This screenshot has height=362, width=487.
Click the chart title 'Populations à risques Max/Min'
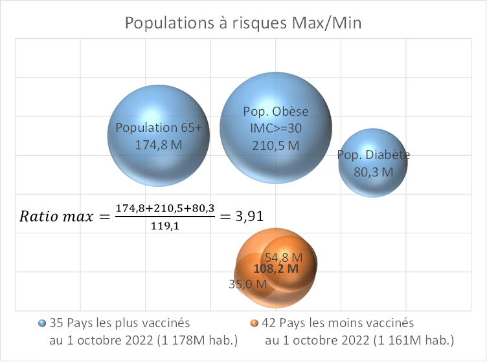click(243, 24)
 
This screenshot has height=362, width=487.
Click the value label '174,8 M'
click(159, 145)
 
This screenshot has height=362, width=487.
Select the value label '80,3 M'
click(373, 172)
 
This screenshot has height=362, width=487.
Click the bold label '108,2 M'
click(276, 269)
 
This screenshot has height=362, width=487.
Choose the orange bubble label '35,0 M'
click(247, 284)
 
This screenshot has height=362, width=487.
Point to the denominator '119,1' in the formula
click(164, 227)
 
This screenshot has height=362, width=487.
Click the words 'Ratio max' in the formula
click(58, 216)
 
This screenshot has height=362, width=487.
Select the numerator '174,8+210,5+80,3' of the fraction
click(164, 208)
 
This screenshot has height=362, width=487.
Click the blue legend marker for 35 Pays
click(43, 323)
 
